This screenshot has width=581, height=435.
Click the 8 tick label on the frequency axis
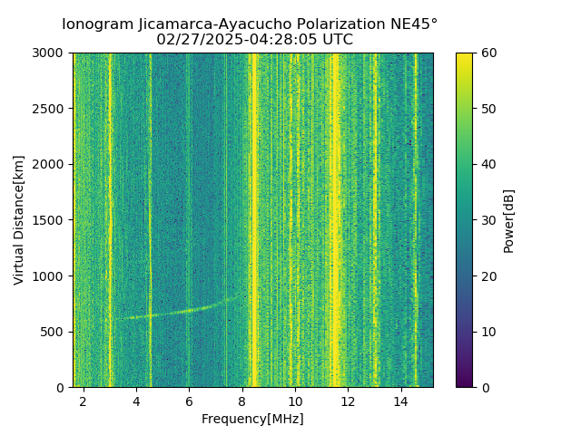[242, 401]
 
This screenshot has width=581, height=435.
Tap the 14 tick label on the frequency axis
[400, 401]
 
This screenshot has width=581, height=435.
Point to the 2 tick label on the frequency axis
[84, 401]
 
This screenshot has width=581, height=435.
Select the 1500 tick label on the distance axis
[51, 220]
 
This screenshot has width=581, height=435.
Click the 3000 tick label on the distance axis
[51, 53]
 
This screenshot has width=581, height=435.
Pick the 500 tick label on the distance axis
[54, 332]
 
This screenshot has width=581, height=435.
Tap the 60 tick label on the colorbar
[487, 53]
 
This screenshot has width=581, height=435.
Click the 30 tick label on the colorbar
[487, 220]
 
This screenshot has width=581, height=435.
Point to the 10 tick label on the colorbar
[487, 332]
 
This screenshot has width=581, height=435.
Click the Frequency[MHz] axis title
[252, 419]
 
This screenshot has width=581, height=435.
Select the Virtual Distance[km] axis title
[19, 220]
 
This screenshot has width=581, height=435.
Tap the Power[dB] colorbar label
[509, 220]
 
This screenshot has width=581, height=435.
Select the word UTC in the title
[336, 40]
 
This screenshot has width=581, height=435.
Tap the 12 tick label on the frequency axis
[348, 401]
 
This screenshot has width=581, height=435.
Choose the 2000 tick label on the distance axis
[51, 165]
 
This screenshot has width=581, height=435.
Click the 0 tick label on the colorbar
[484, 387]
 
